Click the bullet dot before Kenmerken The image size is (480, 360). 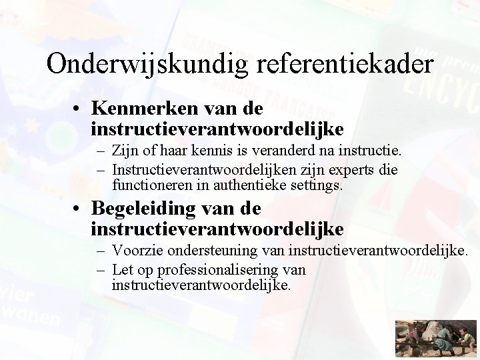tap(79, 109)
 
